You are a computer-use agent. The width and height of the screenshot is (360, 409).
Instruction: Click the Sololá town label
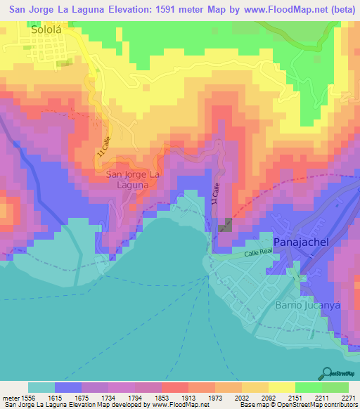point(46,30)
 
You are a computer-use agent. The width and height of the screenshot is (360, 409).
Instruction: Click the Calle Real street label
point(257,254)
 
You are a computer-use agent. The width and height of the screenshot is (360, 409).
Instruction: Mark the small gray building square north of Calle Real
point(226,225)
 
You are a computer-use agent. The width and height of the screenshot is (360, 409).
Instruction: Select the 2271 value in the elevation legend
point(349,397)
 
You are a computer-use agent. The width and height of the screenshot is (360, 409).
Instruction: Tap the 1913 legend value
point(188,397)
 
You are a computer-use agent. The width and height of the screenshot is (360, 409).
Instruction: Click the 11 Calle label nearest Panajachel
point(214,194)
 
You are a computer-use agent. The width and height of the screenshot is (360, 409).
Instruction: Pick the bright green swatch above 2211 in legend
point(309,387)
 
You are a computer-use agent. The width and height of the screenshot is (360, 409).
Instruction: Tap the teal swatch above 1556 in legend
point(41,387)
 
